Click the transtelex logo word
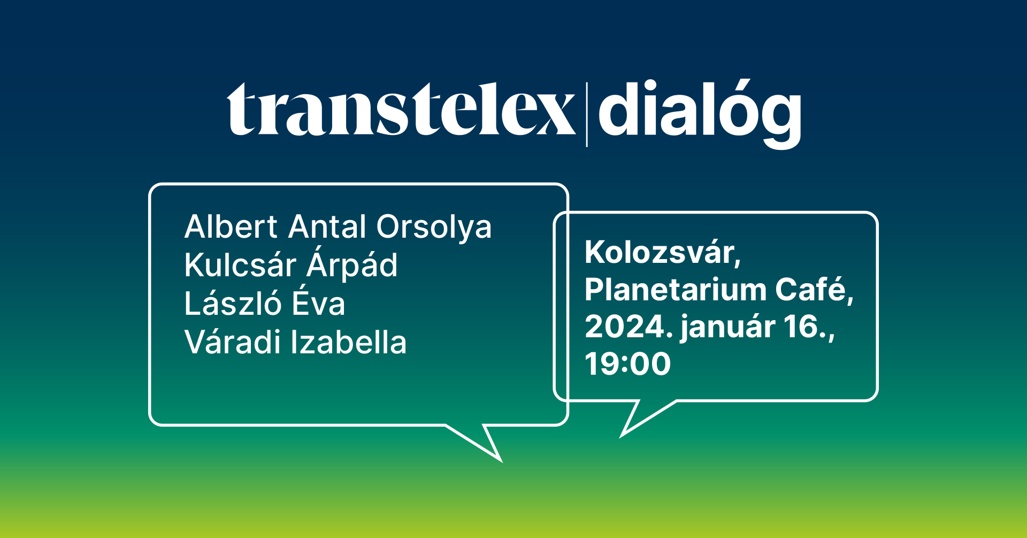coord(401,109)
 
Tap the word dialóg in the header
coord(700,113)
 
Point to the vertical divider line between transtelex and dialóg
coord(587,115)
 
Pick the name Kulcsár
coord(240,265)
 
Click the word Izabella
coord(349,342)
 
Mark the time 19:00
coord(628,364)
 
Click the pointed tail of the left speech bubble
coord(501,460)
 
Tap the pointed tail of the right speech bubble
coord(622,436)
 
